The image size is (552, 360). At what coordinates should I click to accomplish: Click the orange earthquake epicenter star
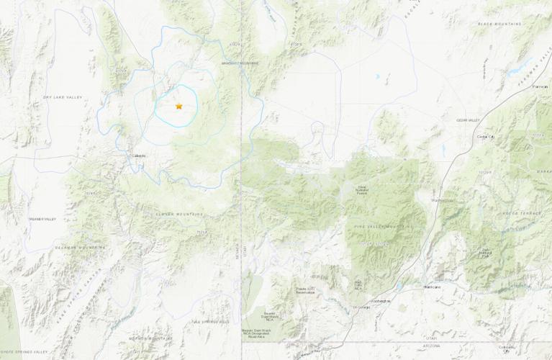click(x=178, y=107)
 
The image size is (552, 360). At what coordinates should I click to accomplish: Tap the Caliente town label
click(x=139, y=156)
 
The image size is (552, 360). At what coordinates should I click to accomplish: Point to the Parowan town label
click(x=539, y=86)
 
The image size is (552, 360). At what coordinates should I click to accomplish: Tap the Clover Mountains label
click(x=179, y=214)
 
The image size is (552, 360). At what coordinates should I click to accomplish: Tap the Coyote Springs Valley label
click(x=24, y=351)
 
